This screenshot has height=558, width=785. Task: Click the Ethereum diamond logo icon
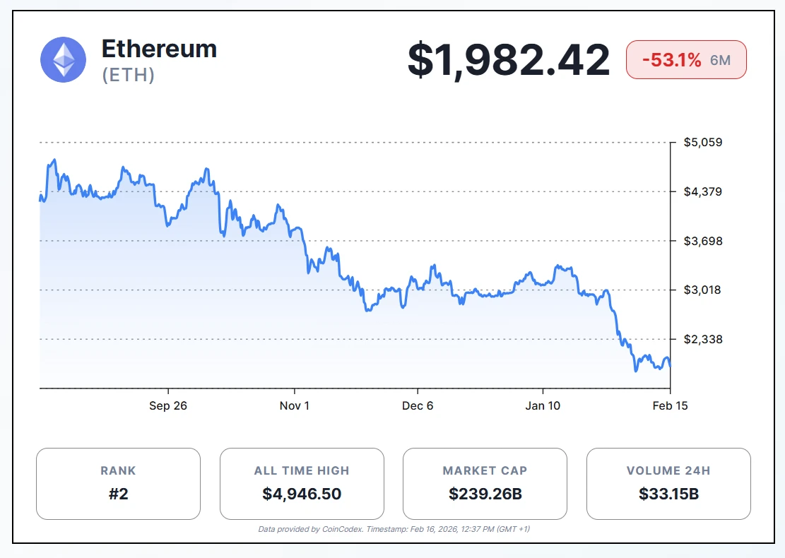64,59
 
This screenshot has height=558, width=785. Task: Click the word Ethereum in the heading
159,49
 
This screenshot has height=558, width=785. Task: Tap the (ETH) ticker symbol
129,75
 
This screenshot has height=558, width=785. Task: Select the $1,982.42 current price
508,60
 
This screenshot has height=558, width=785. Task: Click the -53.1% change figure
671,60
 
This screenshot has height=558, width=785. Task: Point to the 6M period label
720,60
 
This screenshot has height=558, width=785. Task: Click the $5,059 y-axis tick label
702,143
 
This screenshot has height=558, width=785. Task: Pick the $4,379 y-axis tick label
702,191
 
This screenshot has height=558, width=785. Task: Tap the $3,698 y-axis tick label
702,241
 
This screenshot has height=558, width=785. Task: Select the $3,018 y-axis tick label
702,290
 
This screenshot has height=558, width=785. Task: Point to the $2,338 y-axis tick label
702,339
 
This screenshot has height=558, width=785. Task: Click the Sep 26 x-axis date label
168,405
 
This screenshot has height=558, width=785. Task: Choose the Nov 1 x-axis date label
295,405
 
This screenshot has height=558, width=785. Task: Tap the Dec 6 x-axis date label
418,405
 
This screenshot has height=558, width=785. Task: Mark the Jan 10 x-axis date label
543,405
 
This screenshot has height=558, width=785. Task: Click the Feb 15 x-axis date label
670,405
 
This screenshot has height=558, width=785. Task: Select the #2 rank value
118,494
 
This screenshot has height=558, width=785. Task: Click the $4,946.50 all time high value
302,494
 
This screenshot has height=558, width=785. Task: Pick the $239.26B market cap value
485,494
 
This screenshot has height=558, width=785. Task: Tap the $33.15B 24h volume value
668,494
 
